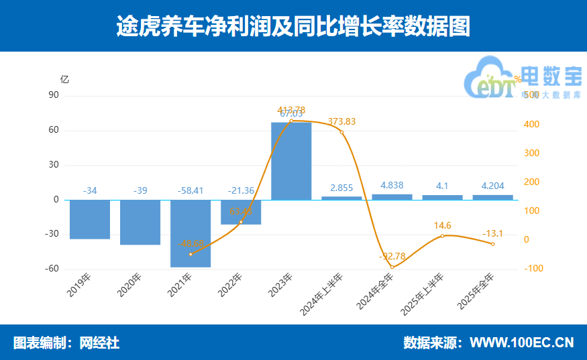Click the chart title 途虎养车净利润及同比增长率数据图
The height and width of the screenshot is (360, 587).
pos(293,25)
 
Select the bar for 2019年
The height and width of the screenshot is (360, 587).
pos(90,219)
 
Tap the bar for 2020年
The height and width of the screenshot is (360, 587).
pos(140,222)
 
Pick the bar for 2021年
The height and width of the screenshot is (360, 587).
pos(191,233)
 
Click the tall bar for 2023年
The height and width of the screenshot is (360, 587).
pos(291,161)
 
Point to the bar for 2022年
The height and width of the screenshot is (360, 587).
pos(241,212)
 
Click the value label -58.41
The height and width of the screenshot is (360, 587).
pos(191,190)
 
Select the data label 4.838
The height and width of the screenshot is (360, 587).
pos(392,185)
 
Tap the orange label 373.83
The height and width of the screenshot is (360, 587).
pos(341,121)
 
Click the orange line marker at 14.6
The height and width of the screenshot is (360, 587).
pos(442,236)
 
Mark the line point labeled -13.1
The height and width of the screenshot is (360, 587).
pos(492,244)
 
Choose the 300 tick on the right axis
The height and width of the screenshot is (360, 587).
pos(531,154)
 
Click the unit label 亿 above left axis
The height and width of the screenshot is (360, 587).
pos(64,78)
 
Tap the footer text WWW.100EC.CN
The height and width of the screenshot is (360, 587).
pos(521,343)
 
